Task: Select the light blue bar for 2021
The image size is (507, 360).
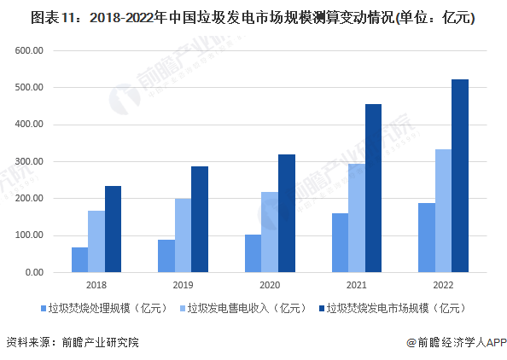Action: pos(356,218)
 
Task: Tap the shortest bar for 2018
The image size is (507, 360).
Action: pos(79,259)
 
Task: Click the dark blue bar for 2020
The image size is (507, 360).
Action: pos(287,213)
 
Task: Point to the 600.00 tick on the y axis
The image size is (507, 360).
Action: pos(28,50)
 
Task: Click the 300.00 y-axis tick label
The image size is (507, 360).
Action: pos(28,161)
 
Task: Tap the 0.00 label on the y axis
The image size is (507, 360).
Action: pos(33,272)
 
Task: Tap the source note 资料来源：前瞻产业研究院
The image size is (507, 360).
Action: pos(72,342)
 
